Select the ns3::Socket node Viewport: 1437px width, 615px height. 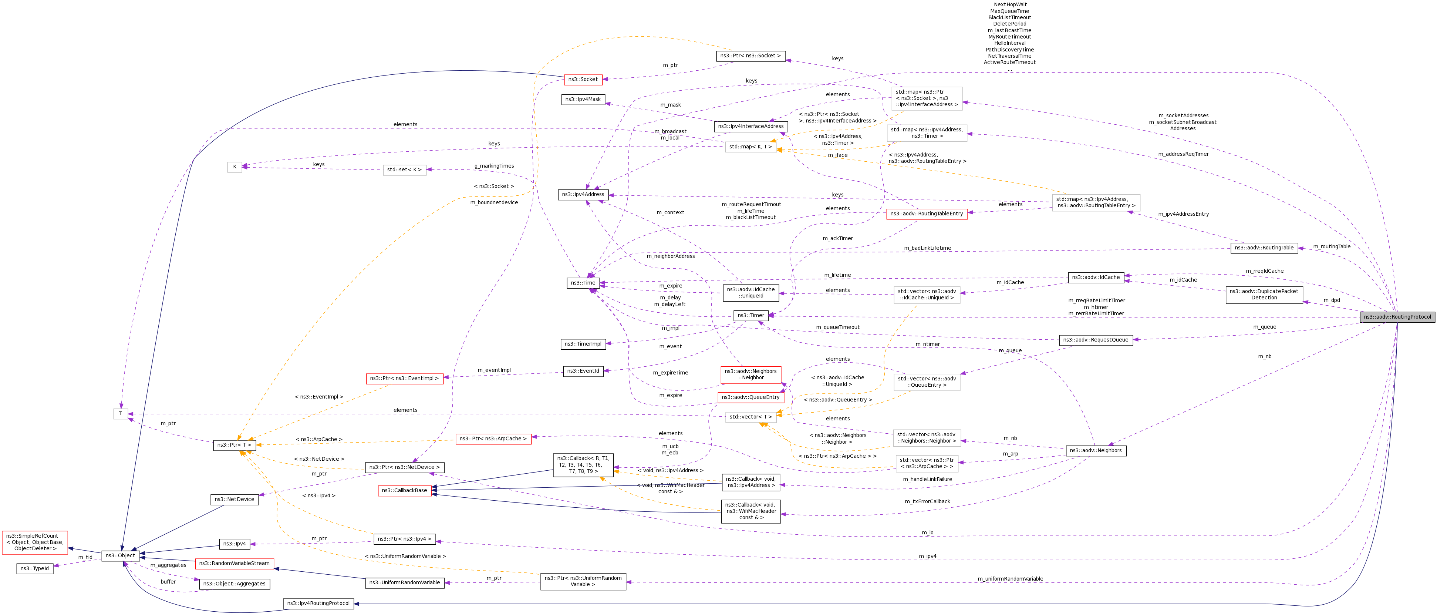coord(583,79)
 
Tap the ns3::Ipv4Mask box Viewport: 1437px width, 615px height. coord(583,99)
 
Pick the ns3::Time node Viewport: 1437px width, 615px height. coord(583,283)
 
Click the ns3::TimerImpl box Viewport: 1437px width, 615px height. coord(583,344)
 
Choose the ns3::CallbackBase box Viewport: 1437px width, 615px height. coord(404,491)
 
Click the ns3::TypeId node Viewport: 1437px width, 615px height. coord(35,569)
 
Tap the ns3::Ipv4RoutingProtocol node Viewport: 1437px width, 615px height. coord(318,603)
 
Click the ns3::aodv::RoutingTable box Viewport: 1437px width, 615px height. coord(1264,248)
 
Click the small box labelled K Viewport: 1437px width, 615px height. coord(235,167)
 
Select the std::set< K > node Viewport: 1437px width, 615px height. coord(404,169)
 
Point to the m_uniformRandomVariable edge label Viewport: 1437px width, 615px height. coord(1010,579)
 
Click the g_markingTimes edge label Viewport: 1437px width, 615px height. coord(494,166)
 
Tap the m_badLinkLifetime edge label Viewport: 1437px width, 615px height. coord(928,248)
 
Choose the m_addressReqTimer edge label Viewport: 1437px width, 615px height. coord(1183,154)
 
